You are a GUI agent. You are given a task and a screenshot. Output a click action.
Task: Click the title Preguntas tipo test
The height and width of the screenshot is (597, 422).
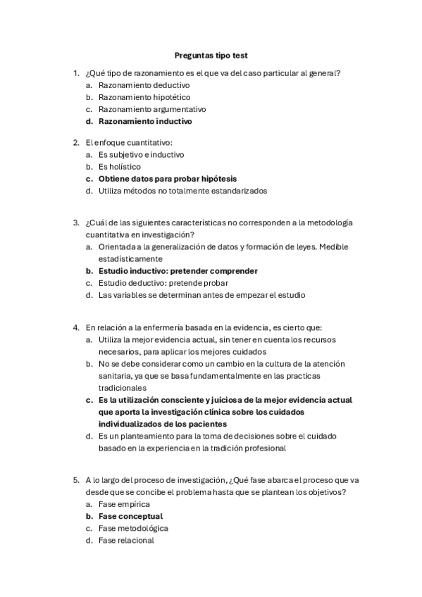coord(211,55)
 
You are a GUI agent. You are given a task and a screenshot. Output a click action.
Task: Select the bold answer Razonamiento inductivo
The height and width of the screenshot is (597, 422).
coord(145,121)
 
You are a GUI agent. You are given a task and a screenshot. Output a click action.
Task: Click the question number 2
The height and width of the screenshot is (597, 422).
coord(76,142)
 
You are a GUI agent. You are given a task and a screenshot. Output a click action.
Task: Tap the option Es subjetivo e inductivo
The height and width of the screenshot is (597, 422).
coord(141,154)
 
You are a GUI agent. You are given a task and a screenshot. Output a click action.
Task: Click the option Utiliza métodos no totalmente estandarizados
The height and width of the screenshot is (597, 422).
coord(182,190)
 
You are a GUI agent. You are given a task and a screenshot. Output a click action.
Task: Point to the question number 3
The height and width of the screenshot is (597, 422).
coord(76,222)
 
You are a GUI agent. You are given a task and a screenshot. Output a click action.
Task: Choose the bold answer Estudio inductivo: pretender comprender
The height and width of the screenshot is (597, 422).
coord(178,271)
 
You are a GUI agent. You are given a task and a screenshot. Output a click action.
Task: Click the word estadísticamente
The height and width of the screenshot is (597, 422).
coord(130,258)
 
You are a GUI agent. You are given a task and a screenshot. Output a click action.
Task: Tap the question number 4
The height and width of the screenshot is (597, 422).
coord(76,327)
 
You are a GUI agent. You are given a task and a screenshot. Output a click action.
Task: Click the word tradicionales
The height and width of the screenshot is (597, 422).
coord(122,387)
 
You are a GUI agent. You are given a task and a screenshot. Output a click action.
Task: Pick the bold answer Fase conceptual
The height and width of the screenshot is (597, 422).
coord(130,516)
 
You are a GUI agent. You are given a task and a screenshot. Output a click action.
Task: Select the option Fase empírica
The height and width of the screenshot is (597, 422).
coord(124,504)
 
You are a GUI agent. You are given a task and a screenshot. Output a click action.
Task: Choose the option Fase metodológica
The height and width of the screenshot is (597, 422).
coord(133,528)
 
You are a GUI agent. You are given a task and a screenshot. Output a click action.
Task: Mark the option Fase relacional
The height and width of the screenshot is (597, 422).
coord(126,540)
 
